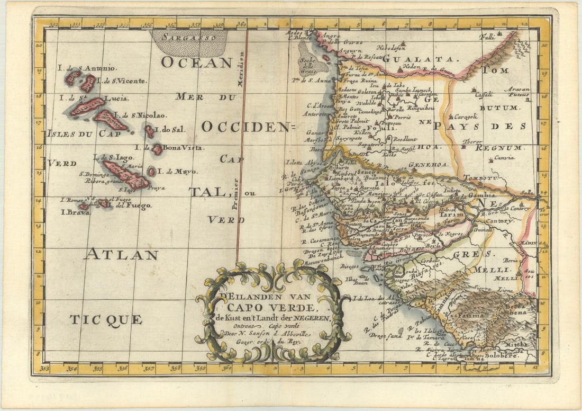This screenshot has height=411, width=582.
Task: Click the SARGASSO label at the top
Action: coord(189,38)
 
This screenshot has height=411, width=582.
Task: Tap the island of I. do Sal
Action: coord(150,131)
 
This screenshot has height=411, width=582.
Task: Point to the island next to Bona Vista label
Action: coord(157,149)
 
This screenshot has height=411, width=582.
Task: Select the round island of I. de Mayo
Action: coord(152,172)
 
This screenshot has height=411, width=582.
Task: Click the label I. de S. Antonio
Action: coord(87,68)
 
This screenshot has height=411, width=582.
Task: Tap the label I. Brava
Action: coord(75,212)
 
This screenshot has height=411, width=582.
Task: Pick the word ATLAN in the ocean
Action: coord(121,255)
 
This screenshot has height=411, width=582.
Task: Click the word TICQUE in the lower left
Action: coord(106,319)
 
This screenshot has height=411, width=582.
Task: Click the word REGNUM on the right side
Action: coord(499,148)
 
